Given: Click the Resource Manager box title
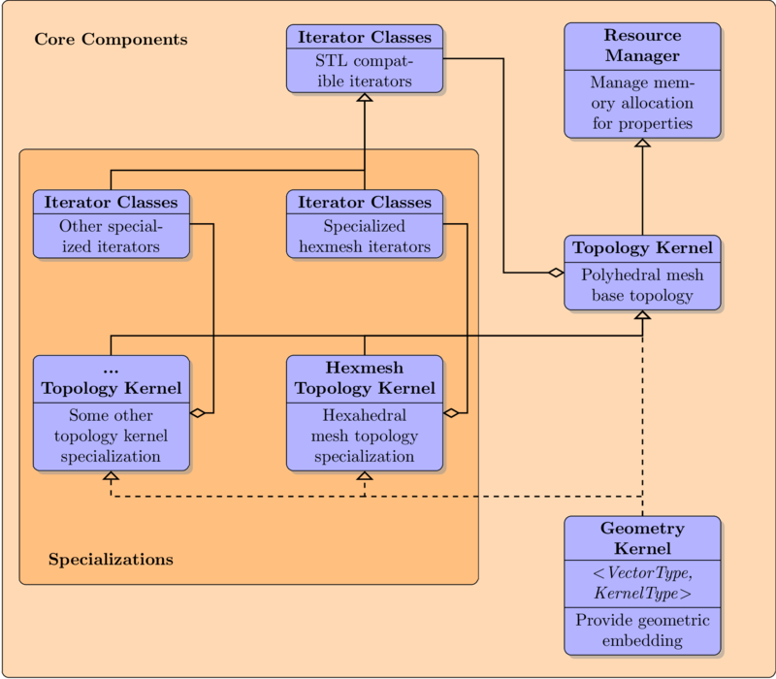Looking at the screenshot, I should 642,46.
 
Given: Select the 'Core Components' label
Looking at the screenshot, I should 111,40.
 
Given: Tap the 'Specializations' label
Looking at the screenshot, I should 111,560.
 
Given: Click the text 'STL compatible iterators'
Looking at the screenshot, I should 365,72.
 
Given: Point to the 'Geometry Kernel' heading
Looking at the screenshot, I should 642,538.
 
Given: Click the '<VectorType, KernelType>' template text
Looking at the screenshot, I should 642,585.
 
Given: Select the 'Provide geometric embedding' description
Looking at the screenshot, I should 642,630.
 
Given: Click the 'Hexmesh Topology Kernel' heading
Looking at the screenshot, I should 365,378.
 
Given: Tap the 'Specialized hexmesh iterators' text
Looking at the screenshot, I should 365,237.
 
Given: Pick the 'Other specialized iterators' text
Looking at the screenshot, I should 111,237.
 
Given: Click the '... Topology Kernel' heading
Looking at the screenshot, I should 111,378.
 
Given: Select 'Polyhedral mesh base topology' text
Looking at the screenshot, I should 642,285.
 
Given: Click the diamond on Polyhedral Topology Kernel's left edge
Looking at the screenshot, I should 556,274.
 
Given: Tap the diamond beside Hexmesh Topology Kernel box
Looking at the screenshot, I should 451,413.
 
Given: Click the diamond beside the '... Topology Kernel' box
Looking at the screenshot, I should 197,413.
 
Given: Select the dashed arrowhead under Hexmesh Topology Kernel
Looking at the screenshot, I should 365,476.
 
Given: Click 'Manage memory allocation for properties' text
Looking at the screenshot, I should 642,103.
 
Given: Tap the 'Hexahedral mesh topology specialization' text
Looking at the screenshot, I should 365,436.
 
